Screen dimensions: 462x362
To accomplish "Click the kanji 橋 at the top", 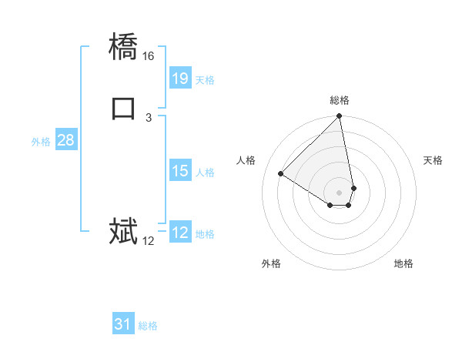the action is (123, 49).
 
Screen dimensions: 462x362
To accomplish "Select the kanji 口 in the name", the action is (123, 108).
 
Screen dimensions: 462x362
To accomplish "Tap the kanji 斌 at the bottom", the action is (123, 231).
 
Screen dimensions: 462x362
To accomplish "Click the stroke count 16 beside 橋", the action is (149, 57).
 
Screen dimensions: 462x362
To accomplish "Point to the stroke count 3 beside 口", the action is (149, 117).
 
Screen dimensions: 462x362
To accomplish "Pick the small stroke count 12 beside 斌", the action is (149, 241).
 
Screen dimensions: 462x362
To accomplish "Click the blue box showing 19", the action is (179, 78).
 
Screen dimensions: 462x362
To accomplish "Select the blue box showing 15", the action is (179, 171).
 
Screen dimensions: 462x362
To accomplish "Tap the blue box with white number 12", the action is (179, 233).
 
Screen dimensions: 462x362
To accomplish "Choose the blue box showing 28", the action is (65, 140).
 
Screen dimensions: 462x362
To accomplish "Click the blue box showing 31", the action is (123, 324).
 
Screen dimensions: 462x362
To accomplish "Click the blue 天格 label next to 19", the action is (205, 80).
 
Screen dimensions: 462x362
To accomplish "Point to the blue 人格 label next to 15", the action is (205, 173).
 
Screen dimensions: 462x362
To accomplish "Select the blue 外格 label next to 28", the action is (41, 142).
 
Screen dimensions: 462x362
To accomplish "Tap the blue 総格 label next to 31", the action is (148, 326).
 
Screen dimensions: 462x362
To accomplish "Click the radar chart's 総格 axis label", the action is (340, 100).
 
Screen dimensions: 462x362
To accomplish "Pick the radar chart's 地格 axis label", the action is (403, 263).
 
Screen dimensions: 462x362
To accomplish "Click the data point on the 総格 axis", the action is (340, 117).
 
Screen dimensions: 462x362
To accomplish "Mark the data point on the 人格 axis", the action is (281, 173).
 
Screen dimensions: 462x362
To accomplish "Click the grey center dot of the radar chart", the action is (340, 192).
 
